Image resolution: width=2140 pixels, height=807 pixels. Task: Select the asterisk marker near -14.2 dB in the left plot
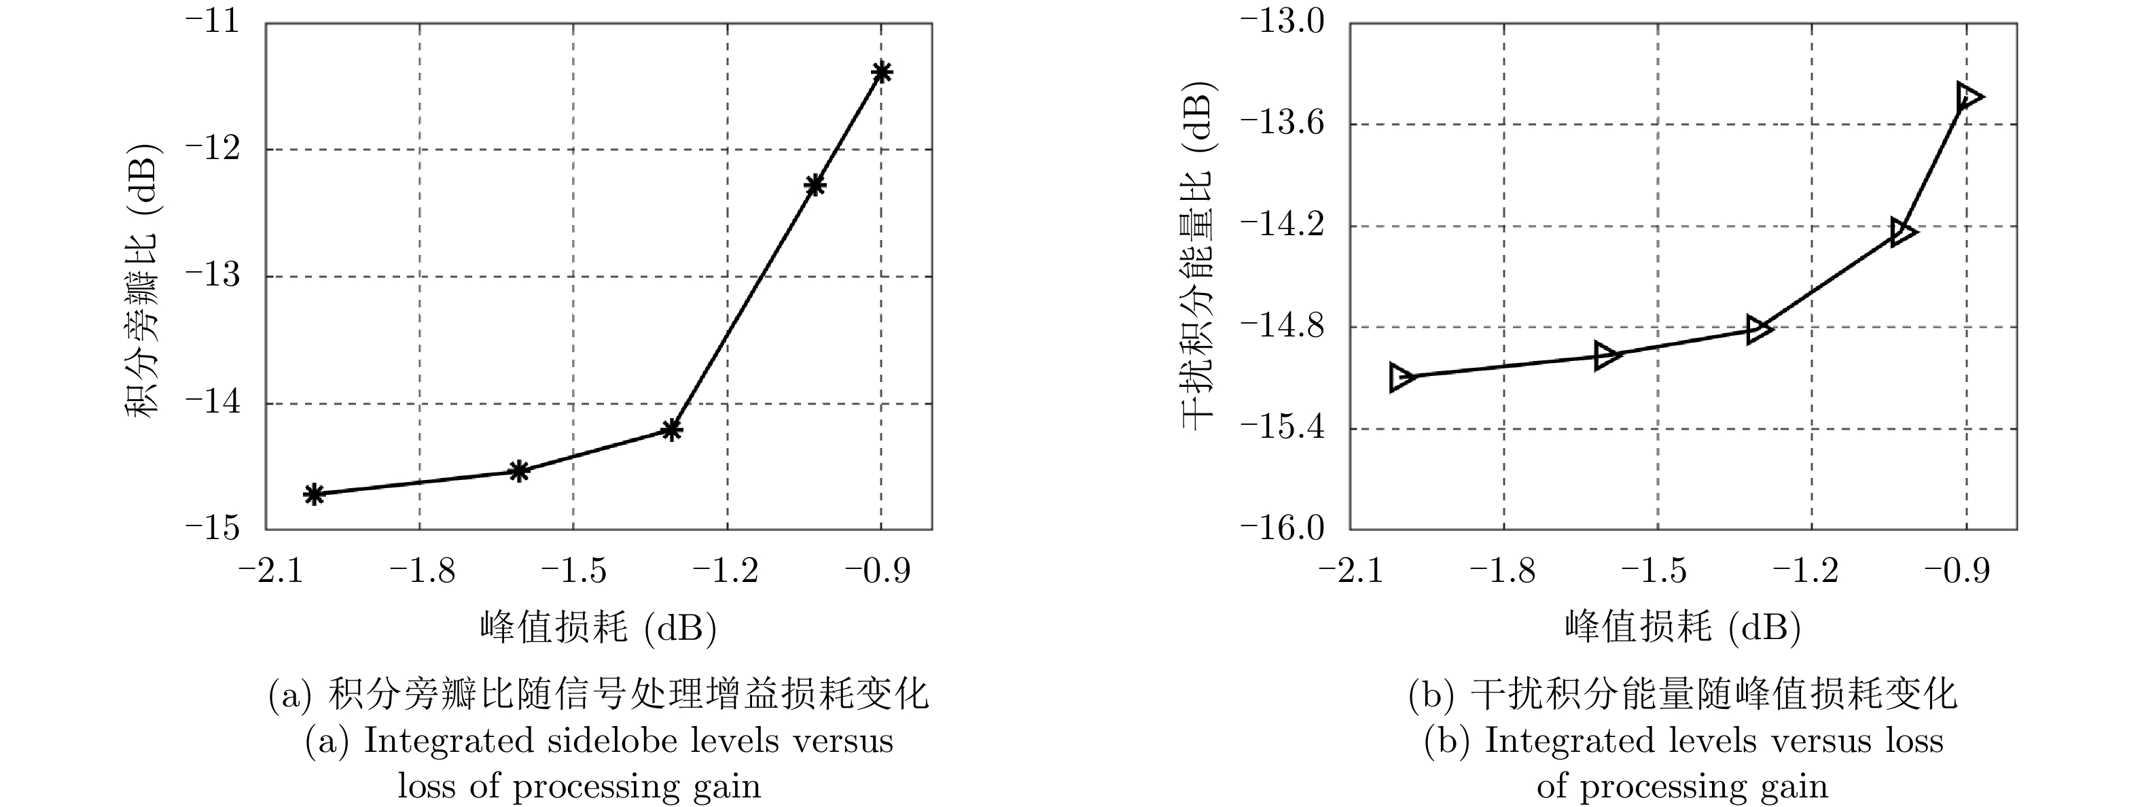pyautogui.click(x=672, y=430)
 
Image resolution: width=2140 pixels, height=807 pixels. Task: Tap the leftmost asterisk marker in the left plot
pyautogui.click(x=313, y=494)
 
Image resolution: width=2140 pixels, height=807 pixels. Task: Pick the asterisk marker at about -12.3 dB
pyautogui.click(x=815, y=186)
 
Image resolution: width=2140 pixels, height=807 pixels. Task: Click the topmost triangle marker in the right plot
pyautogui.click(x=1967, y=97)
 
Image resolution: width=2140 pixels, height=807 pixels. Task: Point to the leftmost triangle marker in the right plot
pyautogui.click(x=1402, y=377)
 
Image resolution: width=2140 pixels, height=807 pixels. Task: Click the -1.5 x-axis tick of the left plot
pyautogui.click(x=573, y=572)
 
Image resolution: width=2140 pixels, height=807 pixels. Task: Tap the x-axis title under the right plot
pyautogui.click(x=1681, y=628)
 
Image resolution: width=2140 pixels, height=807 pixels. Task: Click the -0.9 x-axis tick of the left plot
pyautogui.click(x=878, y=572)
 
